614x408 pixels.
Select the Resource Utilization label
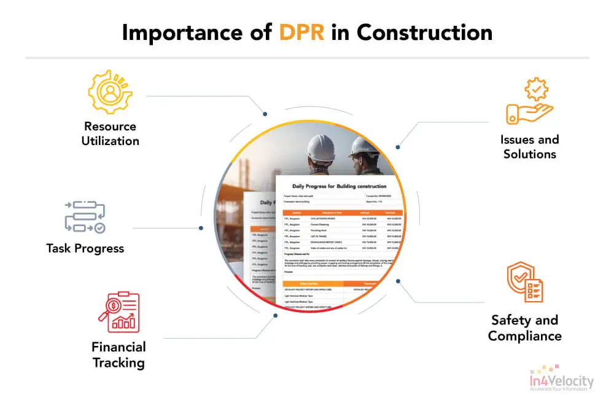(x=111, y=133)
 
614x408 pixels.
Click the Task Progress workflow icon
(x=85, y=217)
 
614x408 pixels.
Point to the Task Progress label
(x=85, y=248)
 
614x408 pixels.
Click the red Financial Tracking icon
(x=119, y=312)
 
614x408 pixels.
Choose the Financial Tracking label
(x=119, y=355)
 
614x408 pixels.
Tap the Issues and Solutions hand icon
(x=529, y=102)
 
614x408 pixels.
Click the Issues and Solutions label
(x=529, y=146)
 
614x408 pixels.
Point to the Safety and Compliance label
(x=524, y=328)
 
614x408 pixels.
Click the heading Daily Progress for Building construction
(x=339, y=186)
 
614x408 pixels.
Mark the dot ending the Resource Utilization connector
(x=265, y=114)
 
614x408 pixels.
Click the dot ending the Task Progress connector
(x=201, y=228)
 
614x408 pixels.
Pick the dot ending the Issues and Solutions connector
(x=398, y=147)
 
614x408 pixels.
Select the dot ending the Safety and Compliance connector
(x=398, y=281)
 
